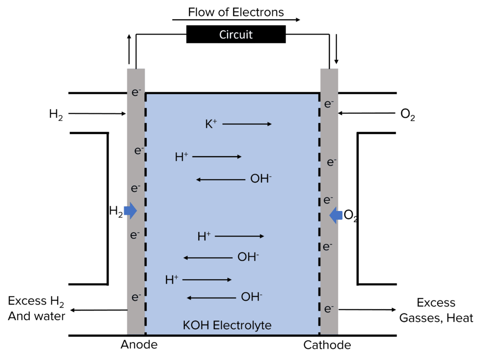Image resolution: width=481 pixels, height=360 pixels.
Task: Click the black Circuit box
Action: pos(236,35)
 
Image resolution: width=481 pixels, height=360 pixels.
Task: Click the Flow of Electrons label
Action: pos(236,12)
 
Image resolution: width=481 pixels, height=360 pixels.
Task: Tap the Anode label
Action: pos(139,345)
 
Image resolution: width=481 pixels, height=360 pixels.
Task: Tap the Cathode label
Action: pos(327,345)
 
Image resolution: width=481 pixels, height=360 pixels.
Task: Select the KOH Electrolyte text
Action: pos(227,325)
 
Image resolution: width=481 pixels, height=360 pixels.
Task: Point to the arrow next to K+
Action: pos(247,124)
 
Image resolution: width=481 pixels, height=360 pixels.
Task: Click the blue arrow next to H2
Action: pos(130,211)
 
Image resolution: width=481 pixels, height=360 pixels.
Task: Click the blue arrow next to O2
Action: pos(336,215)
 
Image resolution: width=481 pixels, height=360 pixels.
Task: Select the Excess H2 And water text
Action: pos(37,309)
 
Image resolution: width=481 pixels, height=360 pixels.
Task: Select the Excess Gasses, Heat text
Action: pos(436,310)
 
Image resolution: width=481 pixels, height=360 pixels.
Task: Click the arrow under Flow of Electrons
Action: pos(236,20)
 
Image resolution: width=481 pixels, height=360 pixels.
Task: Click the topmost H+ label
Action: pos(181,157)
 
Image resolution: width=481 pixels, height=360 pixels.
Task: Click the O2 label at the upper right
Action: pos(407,115)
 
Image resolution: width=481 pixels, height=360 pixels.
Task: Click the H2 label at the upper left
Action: pos(56,114)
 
